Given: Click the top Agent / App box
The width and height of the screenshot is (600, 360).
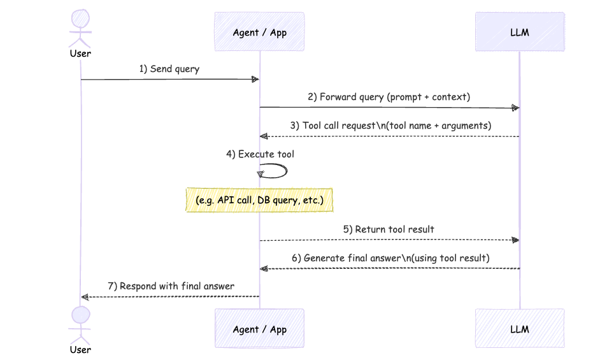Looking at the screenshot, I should click(x=259, y=32).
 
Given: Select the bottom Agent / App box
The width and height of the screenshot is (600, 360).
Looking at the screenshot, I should click(x=259, y=329).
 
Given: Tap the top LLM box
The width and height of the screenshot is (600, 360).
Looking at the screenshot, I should click(x=519, y=32).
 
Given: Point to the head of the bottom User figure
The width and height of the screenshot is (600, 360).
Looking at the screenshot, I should click(x=80, y=315).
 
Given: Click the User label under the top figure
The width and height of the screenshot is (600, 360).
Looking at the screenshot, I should click(x=80, y=54).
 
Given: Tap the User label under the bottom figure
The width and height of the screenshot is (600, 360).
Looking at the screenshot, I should click(x=80, y=350).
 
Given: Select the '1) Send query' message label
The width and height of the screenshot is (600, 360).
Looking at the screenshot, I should click(x=169, y=69).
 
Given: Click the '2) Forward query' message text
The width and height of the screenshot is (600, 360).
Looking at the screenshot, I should click(x=389, y=97).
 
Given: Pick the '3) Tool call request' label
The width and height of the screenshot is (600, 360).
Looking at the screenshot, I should click(x=390, y=126).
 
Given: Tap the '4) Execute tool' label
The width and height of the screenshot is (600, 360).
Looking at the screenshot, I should click(x=260, y=154).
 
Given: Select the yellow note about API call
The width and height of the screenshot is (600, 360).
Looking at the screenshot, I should click(x=260, y=200).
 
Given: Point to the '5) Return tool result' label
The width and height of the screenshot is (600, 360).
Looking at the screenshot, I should click(x=389, y=229).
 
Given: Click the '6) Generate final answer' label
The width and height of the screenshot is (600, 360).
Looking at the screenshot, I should click(x=389, y=258).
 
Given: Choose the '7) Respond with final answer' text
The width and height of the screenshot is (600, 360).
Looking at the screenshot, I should click(x=171, y=286).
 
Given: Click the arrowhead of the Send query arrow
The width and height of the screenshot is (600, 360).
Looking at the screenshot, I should click(x=255, y=80).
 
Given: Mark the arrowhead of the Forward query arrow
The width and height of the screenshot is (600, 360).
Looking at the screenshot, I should click(x=515, y=108).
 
